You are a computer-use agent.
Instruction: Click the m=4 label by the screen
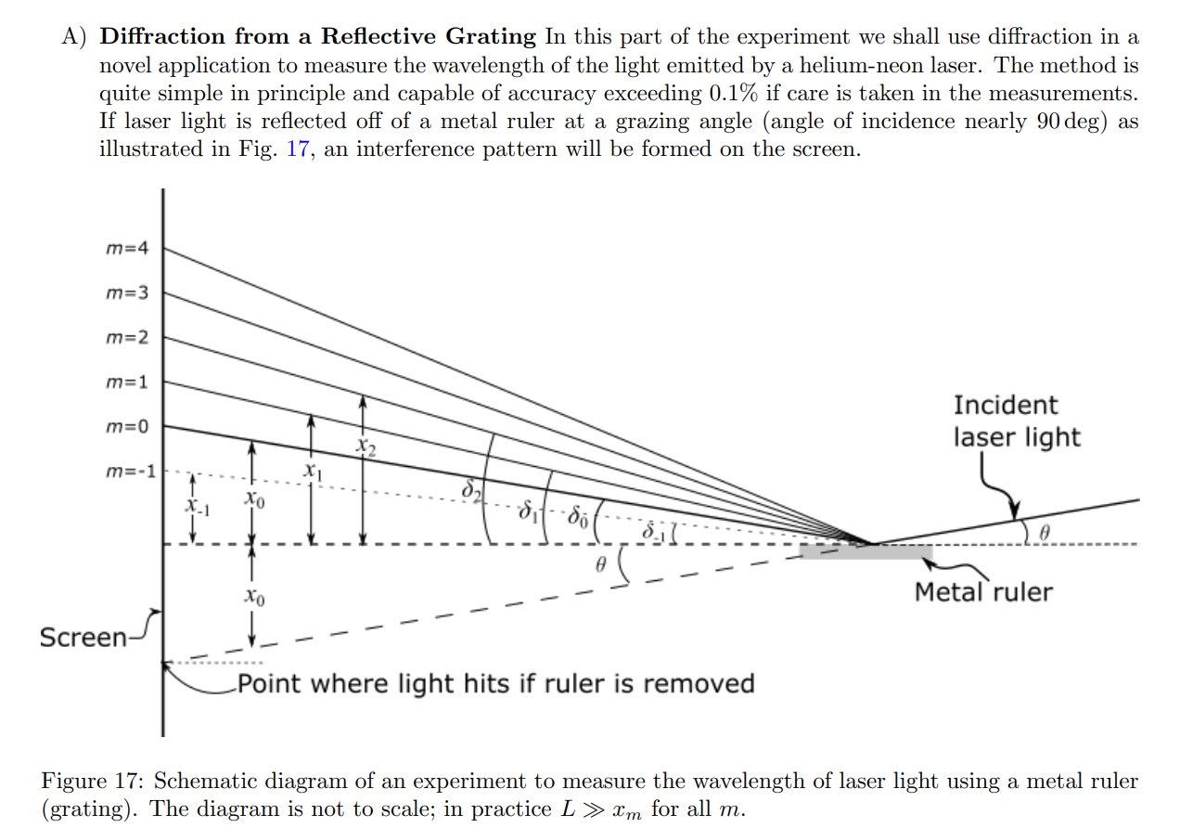point(126,249)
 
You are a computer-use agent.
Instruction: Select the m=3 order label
point(126,293)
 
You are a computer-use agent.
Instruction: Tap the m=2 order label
point(126,337)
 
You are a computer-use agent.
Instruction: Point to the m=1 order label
point(126,382)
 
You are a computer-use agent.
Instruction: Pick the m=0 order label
point(126,426)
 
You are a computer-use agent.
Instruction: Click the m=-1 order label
point(129,471)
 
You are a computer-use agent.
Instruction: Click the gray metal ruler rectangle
point(865,552)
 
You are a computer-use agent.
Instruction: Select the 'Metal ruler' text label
point(983,591)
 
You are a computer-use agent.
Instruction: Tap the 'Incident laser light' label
point(1016,420)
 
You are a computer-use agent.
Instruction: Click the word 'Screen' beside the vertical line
point(83,638)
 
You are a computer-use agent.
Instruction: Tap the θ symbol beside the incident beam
point(1044,533)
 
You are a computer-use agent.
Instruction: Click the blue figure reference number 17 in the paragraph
point(297,149)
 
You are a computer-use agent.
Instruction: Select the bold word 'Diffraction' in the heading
point(161,37)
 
